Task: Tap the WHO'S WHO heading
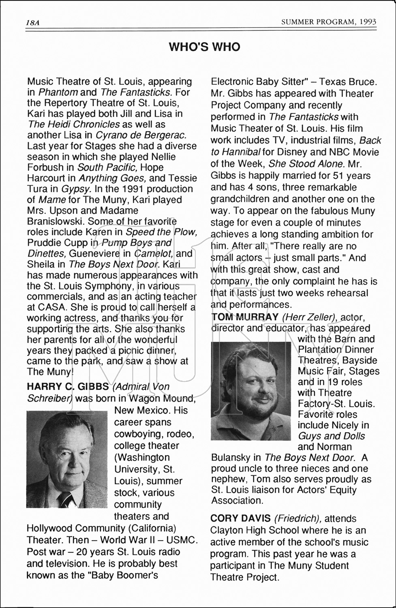(204, 47)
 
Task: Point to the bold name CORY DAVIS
(240, 518)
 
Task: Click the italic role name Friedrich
(298, 518)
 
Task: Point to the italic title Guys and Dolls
(331, 436)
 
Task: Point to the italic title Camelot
(154, 254)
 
